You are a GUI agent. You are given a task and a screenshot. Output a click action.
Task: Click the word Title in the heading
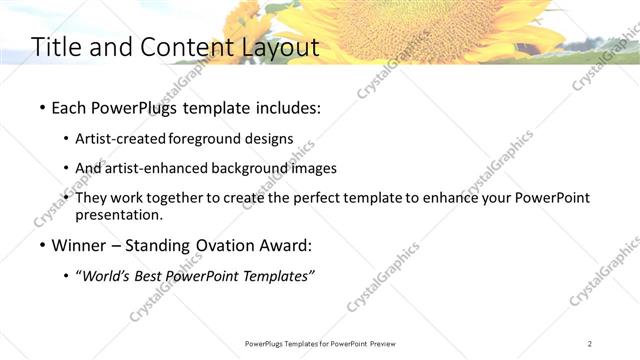[x=56, y=47]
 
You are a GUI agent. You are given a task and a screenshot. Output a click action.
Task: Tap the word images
[x=313, y=168]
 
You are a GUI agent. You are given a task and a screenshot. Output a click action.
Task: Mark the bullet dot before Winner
[x=41, y=245]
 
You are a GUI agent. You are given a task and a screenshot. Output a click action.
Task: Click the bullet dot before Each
[x=41, y=108]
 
